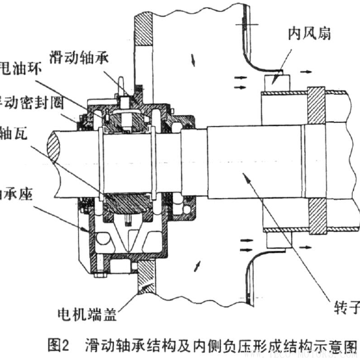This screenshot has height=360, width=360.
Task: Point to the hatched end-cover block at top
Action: (x=144, y=27)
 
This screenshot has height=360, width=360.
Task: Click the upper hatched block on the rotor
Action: (x=316, y=106)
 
